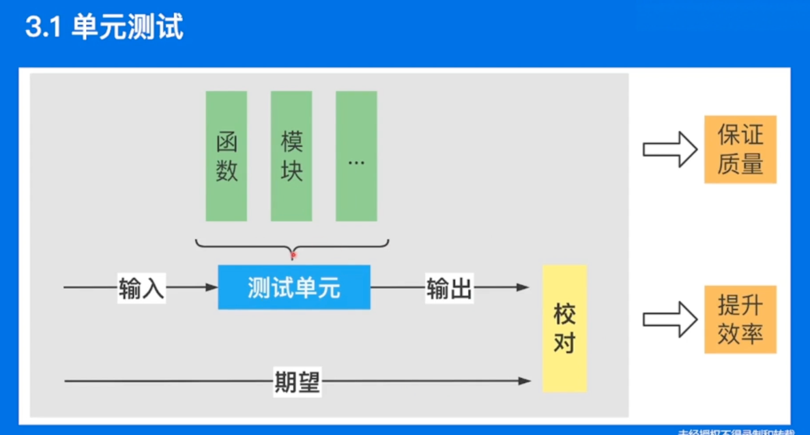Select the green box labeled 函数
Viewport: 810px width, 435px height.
[x=226, y=156]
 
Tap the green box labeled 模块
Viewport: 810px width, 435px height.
[x=291, y=156]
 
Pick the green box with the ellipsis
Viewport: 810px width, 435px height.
[x=356, y=156]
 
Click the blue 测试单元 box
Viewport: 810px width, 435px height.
[x=294, y=287]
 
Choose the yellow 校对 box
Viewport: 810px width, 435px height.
[x=564, y=328]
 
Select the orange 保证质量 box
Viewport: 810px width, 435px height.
[x=740, y=150]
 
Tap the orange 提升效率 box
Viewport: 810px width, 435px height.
[x=740, y=319]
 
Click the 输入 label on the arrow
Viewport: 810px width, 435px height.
[x=141, y=288]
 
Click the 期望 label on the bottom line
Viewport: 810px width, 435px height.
[x=297, y=381]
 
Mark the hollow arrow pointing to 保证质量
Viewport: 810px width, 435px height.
[x=669, y=150]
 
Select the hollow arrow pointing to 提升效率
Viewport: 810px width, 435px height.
[x=669, y=319]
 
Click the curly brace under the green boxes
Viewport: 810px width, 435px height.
[x=292, y=244]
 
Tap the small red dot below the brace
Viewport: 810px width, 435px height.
[x=293, y=255]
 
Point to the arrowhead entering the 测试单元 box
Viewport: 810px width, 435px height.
[x=212, y=287]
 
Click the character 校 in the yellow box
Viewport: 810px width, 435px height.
[x=564, y=315]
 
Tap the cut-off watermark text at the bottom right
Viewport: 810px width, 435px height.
[x=737, y=432]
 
